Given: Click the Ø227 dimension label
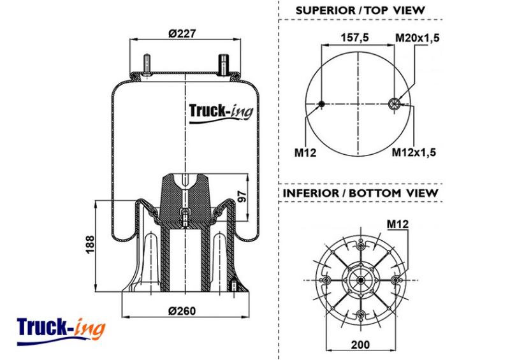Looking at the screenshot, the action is (182, 33).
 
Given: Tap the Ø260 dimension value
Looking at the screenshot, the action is (182, 311).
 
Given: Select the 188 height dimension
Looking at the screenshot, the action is (89, 244).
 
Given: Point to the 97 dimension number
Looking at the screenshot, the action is (242, 197).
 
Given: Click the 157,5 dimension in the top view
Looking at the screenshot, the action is (355, 38).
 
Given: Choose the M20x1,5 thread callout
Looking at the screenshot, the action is (418, 38).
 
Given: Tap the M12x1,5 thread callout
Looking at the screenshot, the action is (414, 152).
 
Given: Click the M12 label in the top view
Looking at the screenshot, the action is (305, 152).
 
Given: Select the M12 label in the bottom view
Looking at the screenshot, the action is (397, 224).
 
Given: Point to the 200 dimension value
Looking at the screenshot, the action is (360, 345).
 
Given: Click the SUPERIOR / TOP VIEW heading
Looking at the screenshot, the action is (360, 10).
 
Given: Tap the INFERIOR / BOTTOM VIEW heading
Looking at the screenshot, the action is (360, 193).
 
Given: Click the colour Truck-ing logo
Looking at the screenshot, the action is (61, 330).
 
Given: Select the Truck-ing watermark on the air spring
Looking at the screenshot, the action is (221, 113).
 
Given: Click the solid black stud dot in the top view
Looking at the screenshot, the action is (321, 104).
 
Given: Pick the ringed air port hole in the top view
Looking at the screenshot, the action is (394, 104).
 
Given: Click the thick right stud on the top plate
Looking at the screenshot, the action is (223, 64).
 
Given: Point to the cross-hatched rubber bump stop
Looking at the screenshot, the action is (184, 199).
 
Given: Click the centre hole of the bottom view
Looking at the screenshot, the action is (361, 280).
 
